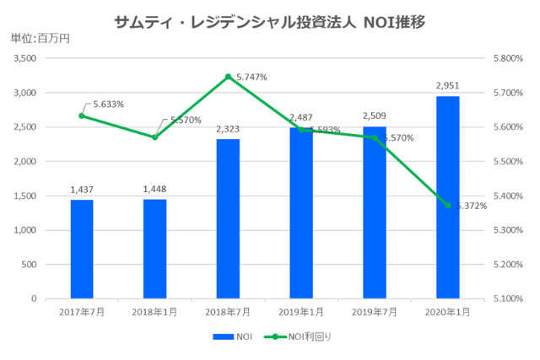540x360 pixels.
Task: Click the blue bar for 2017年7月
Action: click(82, 249)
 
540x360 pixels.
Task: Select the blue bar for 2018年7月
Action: click(228, 218)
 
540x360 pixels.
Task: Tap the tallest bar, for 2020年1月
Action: click(447, 197)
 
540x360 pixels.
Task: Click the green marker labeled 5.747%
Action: click(228, 77)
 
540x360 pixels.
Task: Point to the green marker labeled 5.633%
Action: click(82, 116)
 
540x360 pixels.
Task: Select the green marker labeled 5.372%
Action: click(447, 205)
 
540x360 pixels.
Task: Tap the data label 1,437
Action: click(82, 190)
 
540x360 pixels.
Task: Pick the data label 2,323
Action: click(228, 129)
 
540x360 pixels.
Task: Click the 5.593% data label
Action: click(325, 130)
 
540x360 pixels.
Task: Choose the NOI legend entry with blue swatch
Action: click(236, 336)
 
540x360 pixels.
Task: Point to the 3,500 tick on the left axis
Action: click(24, 58)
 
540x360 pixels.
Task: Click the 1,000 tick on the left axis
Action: click(24, 230)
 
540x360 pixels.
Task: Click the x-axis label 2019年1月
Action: click(301, 312)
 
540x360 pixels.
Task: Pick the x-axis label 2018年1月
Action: click(155, 312)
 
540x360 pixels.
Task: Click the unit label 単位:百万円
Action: click(40, 38)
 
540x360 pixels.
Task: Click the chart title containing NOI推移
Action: click(270, 21)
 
